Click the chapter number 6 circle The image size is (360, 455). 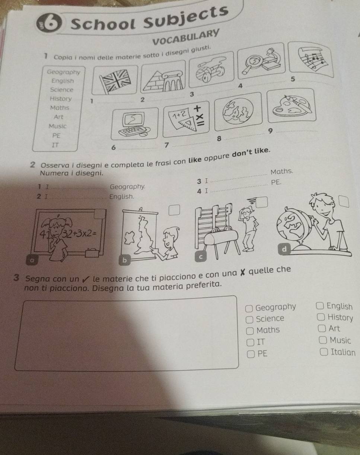click(49, 24)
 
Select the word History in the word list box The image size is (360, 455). click(61, 99)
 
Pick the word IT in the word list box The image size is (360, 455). click(55, 145)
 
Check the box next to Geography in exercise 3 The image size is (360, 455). click(249, 308)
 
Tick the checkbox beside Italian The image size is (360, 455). click(324, 352)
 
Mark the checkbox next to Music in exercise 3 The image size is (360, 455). click(323, 340)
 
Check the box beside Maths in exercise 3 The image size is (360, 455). click(250, 331)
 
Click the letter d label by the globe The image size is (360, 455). click(284, 249)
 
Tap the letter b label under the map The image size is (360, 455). click(124, 260)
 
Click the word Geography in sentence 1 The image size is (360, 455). click(128, 186)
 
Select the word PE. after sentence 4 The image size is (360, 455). click(276, 182)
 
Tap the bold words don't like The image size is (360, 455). click(251, 153)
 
